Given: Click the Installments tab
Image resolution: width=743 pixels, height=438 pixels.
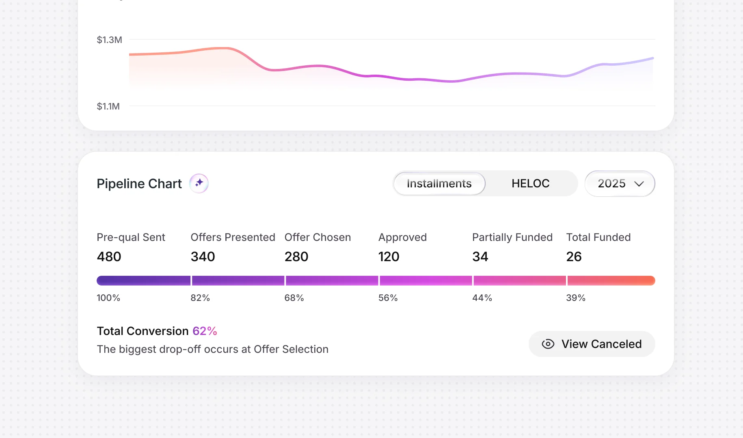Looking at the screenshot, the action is tap(439, 184).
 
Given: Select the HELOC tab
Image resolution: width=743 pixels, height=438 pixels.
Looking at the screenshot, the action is tap(530, 184).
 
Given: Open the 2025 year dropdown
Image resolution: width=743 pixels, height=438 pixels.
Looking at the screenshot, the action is tap(620, 184).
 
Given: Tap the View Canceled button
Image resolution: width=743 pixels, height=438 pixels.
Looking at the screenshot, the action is tap(592, 344).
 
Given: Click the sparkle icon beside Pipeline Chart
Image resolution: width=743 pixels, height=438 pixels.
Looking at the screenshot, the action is tap(199, 183).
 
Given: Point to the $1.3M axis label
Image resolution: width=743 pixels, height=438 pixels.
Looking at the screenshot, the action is tap(109, 40).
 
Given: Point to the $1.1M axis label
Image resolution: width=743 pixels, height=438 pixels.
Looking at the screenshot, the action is tap(108, 106).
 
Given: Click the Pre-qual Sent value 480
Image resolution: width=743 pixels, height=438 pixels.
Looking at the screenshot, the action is tap(109, 257).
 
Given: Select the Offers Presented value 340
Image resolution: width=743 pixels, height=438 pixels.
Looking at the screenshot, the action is tap(203, 257).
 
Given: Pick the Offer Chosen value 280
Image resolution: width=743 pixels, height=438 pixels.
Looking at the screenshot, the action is tap(296, 257).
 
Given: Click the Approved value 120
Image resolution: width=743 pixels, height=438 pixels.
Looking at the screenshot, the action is tap(389, 257).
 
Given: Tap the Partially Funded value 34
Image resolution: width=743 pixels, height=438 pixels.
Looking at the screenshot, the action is tap(480, 257).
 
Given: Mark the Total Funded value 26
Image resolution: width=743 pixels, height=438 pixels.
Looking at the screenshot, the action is tap(574, 257).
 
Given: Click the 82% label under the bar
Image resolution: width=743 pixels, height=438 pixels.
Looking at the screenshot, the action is tap(200, 298).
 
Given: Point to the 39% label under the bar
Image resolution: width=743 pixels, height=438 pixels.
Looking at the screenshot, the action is tap(576, 298).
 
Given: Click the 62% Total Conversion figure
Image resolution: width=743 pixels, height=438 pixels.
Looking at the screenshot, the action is tap(205, 331).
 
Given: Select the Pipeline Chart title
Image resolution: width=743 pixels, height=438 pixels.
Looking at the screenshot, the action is tap(139, 184).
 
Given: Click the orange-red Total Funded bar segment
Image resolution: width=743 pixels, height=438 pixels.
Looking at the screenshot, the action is tap(611, 281).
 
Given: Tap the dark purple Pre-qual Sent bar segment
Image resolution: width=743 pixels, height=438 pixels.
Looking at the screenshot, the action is tap(143, 281).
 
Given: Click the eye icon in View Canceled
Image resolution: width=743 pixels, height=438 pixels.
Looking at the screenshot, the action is tap(548, 344).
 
